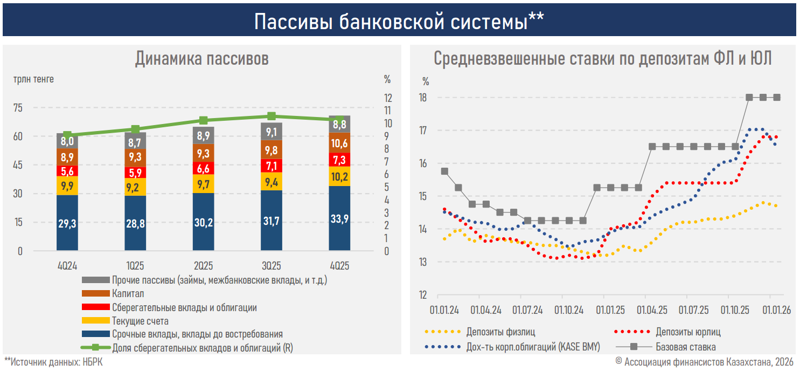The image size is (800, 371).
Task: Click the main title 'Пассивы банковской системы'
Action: coord(399,22)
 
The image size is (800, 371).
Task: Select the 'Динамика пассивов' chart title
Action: coord(201,59)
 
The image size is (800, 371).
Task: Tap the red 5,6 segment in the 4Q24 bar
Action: coord(67,171)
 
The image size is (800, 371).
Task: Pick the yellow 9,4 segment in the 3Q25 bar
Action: coord(272,181)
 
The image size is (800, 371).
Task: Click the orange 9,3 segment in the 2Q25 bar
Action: coord(203,153)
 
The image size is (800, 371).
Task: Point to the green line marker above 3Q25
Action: coord(272,116)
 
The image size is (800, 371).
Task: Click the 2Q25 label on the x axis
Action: coord(203,265)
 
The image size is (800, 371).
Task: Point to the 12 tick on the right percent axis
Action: coord(387,98)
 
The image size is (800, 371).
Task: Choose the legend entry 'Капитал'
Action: coord(128,294)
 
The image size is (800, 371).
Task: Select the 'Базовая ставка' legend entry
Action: coord(685,347)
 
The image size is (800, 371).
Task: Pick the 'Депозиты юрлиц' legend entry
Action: coord(688,332)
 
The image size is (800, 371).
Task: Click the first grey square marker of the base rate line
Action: coord(444,171)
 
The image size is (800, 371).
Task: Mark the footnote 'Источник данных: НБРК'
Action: coord(53,362)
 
